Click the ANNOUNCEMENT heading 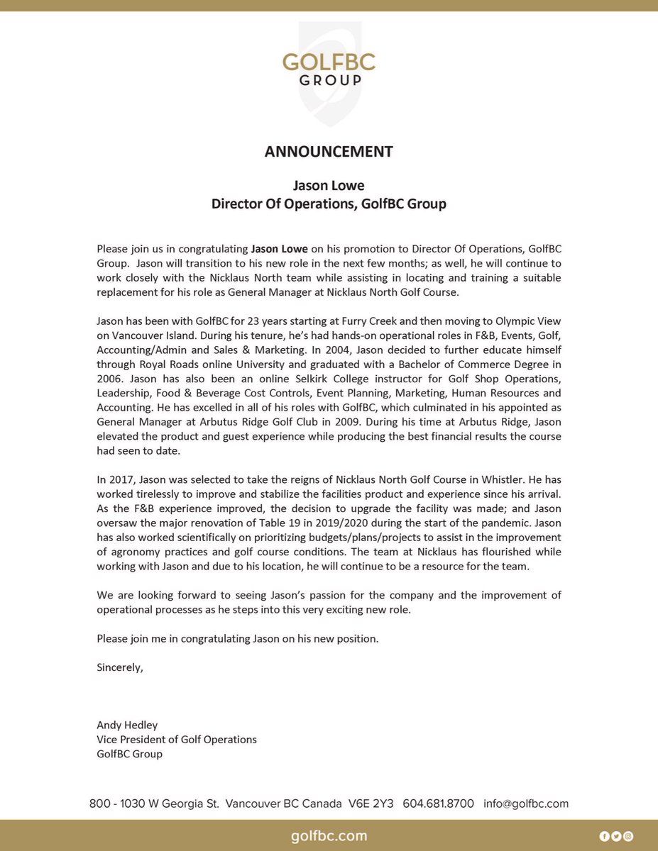point(329,151)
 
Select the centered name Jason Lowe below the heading point(329,185)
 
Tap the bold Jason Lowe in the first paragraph point(279,250)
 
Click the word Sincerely point(120,667)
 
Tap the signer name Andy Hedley point(127,725)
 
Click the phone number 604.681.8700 point(438,803)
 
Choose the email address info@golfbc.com point(526,803)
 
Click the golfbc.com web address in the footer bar point(329,836)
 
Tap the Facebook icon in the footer point(604,836)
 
